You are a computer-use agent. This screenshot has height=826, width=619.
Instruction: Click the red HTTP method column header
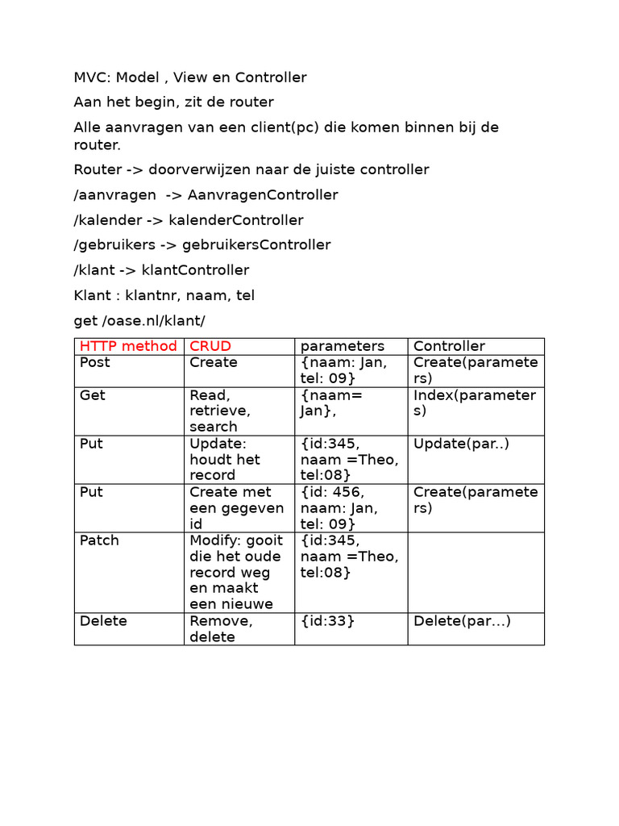(x=128, y=346)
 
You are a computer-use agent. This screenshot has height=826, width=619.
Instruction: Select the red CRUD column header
(x=210, y=346)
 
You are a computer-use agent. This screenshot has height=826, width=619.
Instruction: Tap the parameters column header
(x=343, y=346)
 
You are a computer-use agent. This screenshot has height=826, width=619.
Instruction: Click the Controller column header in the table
(x=449, y=346)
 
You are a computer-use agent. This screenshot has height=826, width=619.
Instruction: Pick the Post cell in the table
(x=95, y=362)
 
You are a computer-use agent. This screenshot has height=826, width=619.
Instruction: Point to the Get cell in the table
(x=93, y=395)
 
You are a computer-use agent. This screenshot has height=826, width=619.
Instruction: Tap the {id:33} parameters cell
(x=327, y=621)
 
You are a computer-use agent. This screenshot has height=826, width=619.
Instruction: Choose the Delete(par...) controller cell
(x=462, y=621)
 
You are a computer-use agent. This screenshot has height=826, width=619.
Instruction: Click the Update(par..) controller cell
(x=461, y=444)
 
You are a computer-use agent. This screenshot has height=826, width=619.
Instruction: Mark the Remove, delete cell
(x=222, y=629)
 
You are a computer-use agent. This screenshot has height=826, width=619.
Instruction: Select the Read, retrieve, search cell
(x=220, y=411)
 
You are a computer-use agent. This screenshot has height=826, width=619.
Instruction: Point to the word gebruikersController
(x=256, y=244)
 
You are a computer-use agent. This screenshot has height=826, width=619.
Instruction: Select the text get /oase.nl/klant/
(x=139, y=320)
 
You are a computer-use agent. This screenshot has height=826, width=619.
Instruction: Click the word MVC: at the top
(x=92, y=77)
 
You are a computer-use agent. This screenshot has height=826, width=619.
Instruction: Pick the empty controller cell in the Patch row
(x=476, y=572)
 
